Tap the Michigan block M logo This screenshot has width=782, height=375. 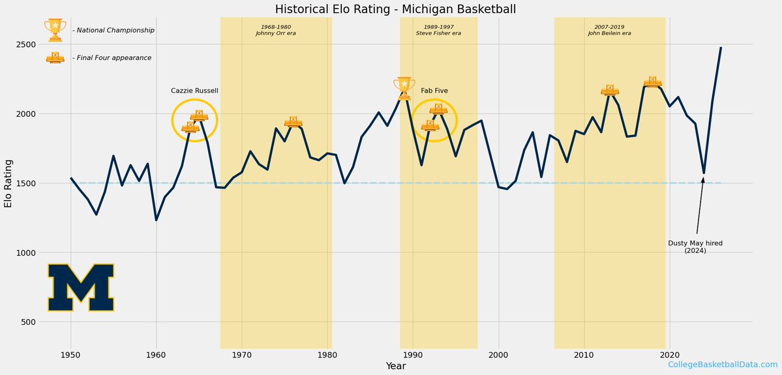(81, 288)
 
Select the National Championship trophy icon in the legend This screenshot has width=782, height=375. (55, 30)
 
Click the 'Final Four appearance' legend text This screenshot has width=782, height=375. (112, 58)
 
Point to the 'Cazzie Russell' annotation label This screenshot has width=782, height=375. (194, 91)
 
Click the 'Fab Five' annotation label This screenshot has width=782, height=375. (434, 91)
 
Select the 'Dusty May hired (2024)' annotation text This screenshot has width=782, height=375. (695, 247)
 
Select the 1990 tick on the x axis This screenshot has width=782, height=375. (413, 355)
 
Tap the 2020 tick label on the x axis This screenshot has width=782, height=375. (669, 355)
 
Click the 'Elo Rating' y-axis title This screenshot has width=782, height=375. (8, 183)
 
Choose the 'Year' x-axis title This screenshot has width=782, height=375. (396, 367)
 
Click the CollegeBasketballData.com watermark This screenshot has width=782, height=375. (723, 365)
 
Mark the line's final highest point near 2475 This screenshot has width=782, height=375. (721, 48)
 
